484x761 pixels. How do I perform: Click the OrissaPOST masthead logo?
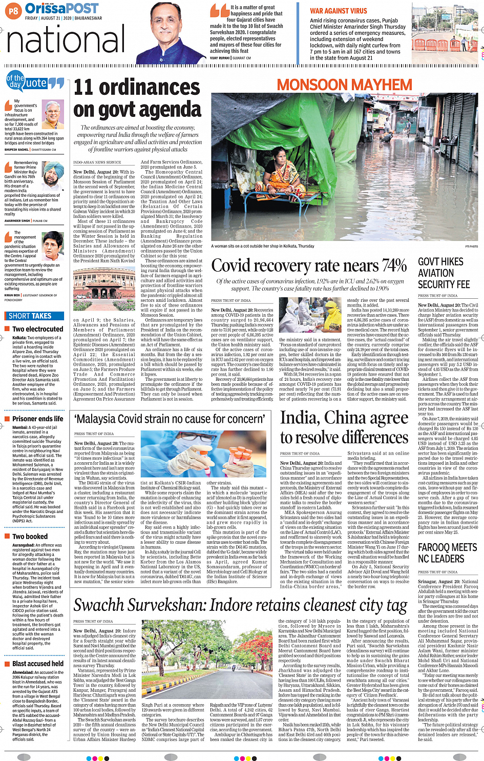click(62, 9)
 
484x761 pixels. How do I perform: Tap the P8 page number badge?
click(13, 10)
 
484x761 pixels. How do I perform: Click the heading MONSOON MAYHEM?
click(345, 85)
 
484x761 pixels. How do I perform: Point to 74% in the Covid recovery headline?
click(394, 265)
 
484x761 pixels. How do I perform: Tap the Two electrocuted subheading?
click(37, 329)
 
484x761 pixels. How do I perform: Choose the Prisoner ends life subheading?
click(37, 419)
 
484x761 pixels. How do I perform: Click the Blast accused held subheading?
click(37, 663)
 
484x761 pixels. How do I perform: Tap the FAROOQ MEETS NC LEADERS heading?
click(440, 553)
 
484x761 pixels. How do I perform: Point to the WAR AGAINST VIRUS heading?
click(338, 11)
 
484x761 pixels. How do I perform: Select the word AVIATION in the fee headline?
click(436, 273)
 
